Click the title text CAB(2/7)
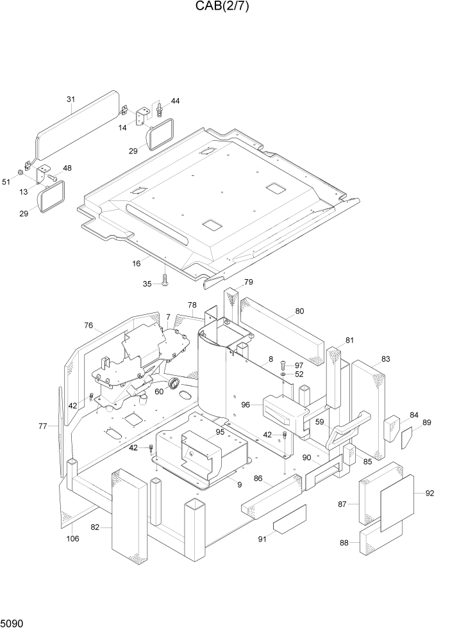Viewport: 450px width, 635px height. [x=222, y=7]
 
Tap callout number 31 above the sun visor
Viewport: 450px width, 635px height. [x=71, y=99]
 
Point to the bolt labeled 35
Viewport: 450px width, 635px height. [x=165, y=278]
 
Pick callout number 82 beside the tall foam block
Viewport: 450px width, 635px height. [x=95, y=527]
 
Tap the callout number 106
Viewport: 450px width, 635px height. [x=72, y=538]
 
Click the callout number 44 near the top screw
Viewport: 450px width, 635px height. [x=175, y=102]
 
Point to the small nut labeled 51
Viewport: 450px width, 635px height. [x=21, y=173]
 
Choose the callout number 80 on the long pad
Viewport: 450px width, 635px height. [x=299, y=312]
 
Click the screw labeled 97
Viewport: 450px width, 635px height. [x=283, y=366]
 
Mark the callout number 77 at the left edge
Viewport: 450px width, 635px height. [x=43, y=426]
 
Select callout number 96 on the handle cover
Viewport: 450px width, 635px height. [x=246, y=405]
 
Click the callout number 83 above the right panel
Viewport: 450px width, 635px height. [x=385, y=359]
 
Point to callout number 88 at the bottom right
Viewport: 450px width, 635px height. [x=344, y=543]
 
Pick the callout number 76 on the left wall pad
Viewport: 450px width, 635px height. [x=88, y=326]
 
